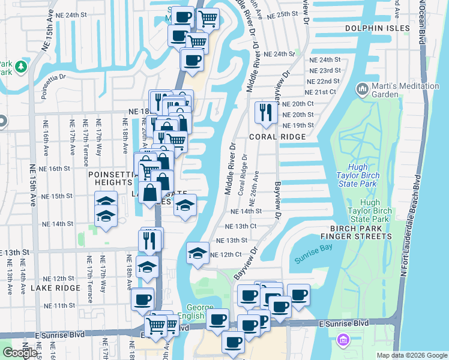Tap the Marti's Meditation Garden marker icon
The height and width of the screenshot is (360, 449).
pyautogui.click(x=362, y=90)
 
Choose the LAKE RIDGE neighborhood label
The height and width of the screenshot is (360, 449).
pyautogui.click(x=55, y=288)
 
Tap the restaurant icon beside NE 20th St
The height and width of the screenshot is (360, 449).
pyautogui.click(x=265, y=112)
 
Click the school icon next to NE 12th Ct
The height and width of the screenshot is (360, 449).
pyautogui.click(x=197, y=253)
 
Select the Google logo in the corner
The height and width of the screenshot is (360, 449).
pyautogui.click(x=20, y=353)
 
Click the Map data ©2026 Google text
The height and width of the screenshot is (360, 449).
pyautogui.click(x=411, y=355)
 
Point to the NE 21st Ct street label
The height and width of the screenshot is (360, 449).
pyautogui.click(x=321, y=92)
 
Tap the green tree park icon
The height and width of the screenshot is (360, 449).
pyautogui.click(x=22, y=65)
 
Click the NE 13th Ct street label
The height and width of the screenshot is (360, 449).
pyautogui.click(x=241, y=226)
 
